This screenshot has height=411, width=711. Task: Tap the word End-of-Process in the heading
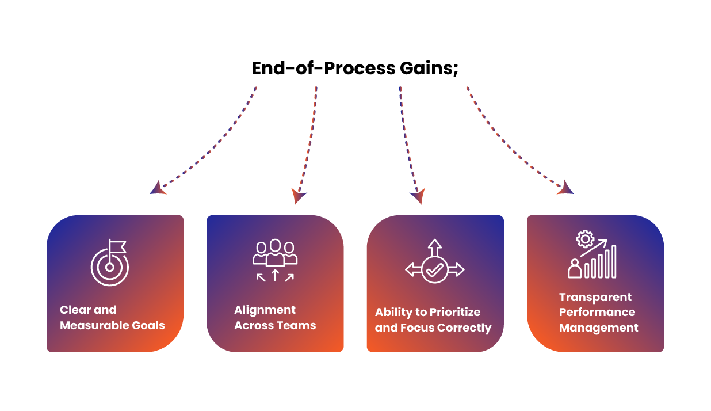(x=323, y=68)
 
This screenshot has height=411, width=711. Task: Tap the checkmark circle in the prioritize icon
(x=434, y=269)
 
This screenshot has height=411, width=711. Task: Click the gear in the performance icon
(x=584, y=238)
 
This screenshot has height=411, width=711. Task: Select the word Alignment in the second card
(x=265, y=310)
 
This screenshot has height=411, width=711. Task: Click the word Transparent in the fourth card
(x=587, y=297)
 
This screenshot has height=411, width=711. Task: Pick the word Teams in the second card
(x=296, y=325)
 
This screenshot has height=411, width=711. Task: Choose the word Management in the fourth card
(x=599, y=328)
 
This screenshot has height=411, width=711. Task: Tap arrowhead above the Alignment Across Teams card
(x=299, y=196)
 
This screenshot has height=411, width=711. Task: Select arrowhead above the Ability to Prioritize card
(x=418, y=196)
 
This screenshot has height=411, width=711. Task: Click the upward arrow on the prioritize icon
(x=434, y=246)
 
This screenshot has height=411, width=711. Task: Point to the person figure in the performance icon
(x=574, y=268)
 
